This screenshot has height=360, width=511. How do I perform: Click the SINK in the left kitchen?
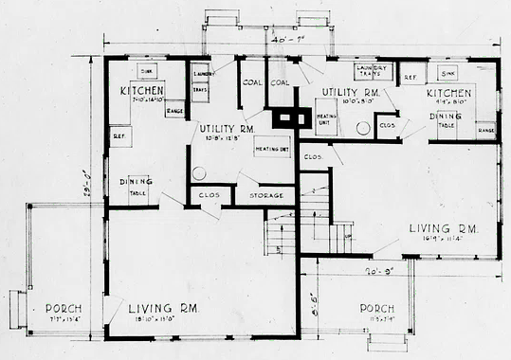click(147, 72)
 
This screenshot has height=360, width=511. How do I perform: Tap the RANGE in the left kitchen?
click(174, 111)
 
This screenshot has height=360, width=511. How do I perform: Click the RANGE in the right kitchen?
click(485, 129)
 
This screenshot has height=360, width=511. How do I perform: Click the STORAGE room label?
click(266, 196)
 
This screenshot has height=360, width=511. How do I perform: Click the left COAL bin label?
click(250, 81)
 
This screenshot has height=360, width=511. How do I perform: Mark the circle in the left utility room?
click(199, 173)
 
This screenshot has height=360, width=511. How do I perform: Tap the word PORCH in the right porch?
click(377, 309)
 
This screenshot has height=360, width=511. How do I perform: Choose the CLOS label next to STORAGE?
click(208, 196)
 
